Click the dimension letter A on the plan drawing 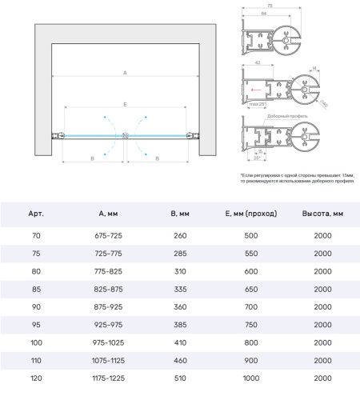[124, 73]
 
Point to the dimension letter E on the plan [124, 105]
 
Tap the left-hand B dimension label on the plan [92, 159]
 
